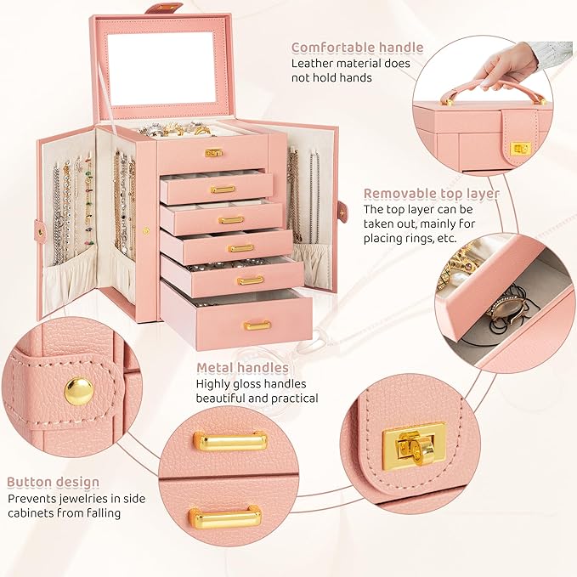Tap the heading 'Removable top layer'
coord(432,194)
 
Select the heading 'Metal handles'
coord(242,368)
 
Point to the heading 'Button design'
coord(54,483)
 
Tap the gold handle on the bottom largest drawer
coord(257,325)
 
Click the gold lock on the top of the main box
coord(214,152)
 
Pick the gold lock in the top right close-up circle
coord(517,150)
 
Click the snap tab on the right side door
coord(342,212)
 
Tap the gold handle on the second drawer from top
coord(223,189)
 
